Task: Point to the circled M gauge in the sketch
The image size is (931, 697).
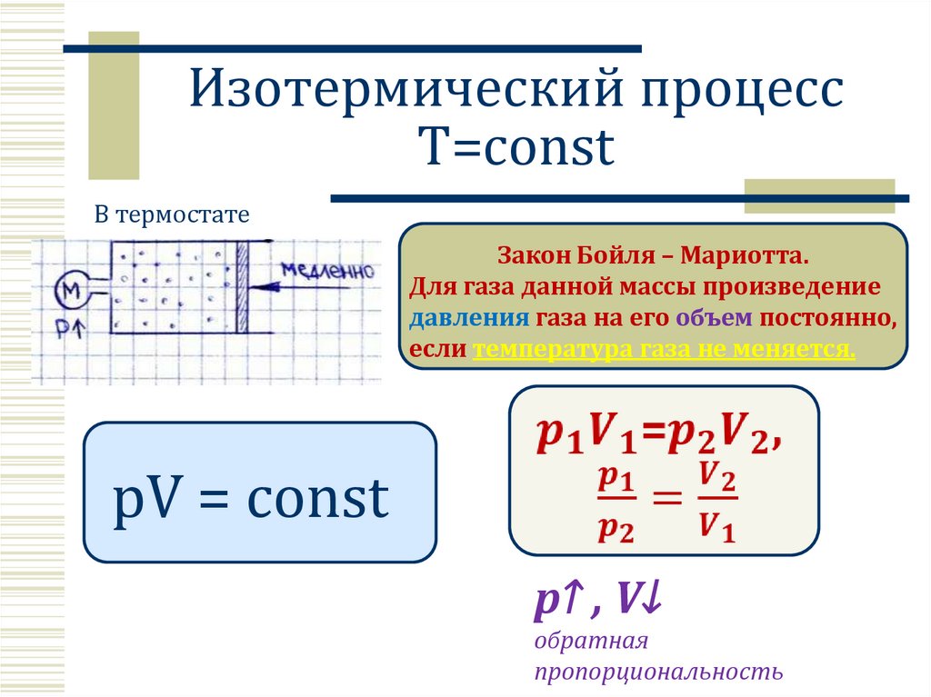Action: pos(70,292)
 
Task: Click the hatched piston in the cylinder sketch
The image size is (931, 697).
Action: pos(243,288)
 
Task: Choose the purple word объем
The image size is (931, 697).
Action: pos(714,318)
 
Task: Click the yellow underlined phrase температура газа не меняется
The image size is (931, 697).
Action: pos(664,348)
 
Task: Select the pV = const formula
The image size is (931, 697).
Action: pos(251,499)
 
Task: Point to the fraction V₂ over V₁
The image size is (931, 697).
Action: pos(716,504)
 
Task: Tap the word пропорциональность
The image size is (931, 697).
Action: pos(658,672)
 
